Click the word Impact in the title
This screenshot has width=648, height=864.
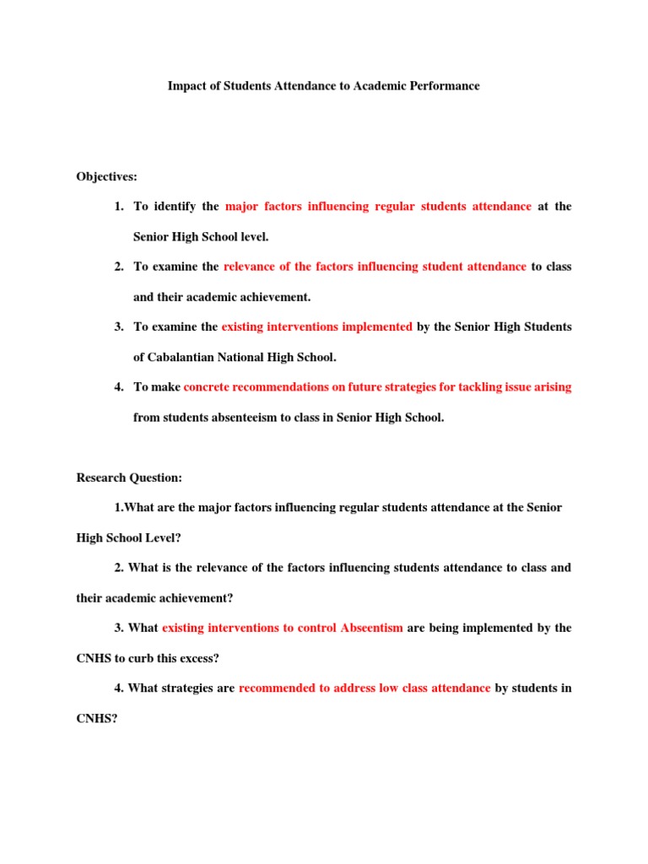[x=186, y=86]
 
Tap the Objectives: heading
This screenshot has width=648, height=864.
[x=106, y=176]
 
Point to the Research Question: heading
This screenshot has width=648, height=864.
[x=129, y=478]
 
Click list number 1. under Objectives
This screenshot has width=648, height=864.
[x=120, y=207]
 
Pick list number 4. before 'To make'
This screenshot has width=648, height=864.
[x=120, y=387]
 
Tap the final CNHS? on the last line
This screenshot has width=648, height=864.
[x=94, y=718]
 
